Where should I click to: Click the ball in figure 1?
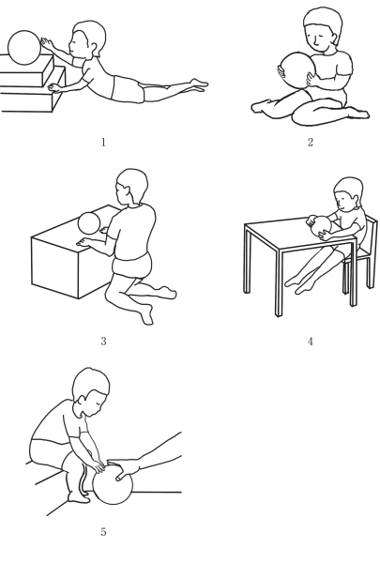coord(24,48)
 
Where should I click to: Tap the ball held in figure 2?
coord(296,70)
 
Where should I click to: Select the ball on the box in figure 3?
coord(89,223)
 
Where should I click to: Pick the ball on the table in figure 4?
coord(321,227)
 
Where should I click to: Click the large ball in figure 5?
coord(113,483)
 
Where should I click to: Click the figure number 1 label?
coord(103,143)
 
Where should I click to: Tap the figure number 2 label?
coord(311,143)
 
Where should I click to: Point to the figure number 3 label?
coord(103,342)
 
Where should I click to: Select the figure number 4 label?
coord(311,342)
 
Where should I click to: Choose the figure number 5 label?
coord(103,532)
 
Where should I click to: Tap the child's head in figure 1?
coord(87,40)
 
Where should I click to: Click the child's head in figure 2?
coord(322,29)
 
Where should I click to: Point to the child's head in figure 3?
coord(131,188)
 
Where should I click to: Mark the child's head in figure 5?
coord(90,391)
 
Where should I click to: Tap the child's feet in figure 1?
coord(198,85)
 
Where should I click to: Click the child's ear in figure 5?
coord(83,400)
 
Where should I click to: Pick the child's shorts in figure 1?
coord(129,89)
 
